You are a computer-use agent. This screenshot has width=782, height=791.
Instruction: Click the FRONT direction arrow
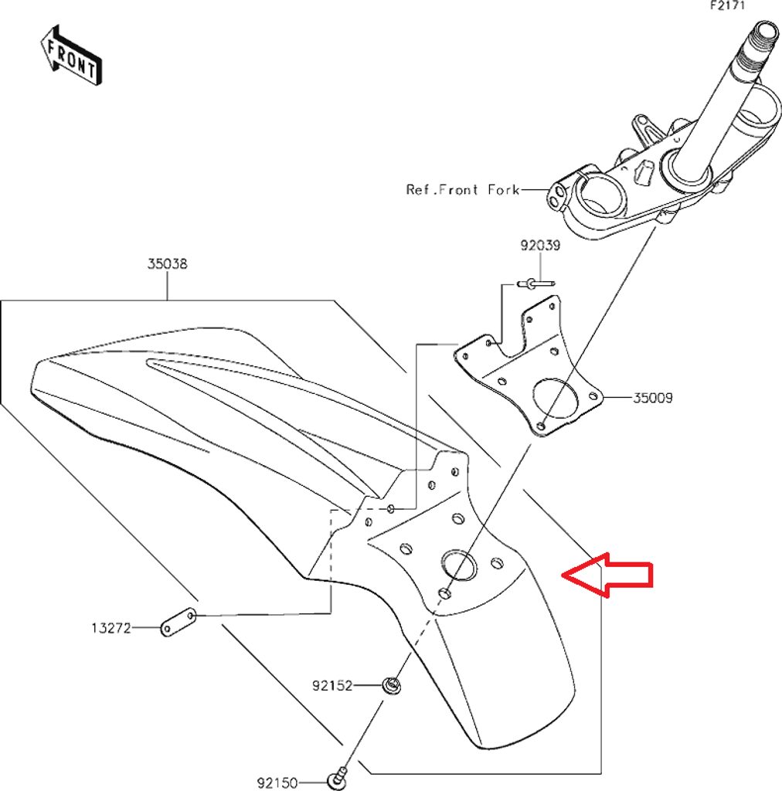pos(71,56)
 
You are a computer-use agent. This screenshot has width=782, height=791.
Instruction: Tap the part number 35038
pos(168,264)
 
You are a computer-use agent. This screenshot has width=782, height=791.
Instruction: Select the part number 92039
pos(540,246)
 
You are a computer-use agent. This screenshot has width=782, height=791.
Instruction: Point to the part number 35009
pos(653,399)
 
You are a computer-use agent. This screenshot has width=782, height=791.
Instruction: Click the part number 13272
pos(110,629)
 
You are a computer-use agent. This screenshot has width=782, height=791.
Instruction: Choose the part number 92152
pos(332,685)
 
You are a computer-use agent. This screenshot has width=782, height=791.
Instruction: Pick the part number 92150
pos(277,783)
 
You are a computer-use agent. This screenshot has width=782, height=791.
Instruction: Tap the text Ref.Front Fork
pos(463,189)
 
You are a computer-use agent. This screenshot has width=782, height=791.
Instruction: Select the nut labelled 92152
pos(393,684)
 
